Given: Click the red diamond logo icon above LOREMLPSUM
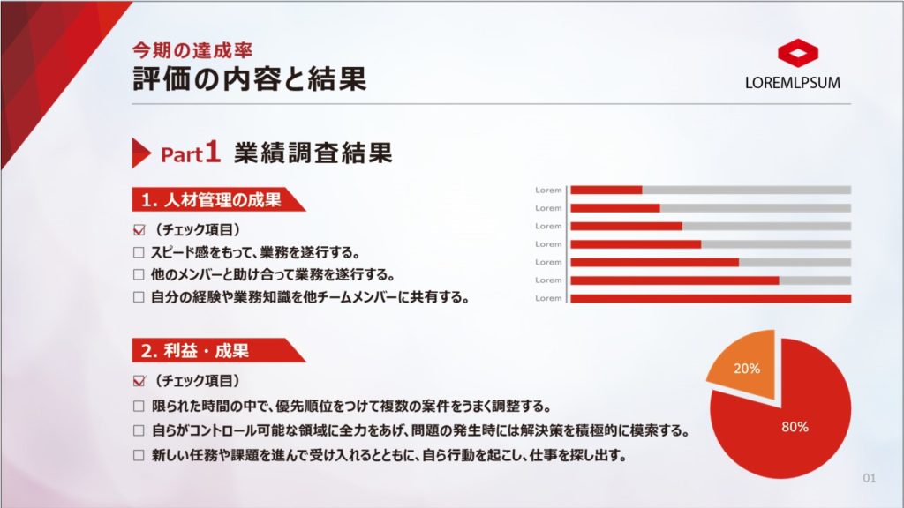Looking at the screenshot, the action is click(798, 52).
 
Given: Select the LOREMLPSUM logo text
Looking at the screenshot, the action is click(792, 83).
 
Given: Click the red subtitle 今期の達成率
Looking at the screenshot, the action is click(192, 50).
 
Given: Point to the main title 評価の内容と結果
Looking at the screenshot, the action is click(249, 78).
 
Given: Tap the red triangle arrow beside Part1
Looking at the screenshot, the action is click(141, 153).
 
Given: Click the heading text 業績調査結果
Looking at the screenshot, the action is click(313, 153).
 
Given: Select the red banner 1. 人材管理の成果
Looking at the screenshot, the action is click(219, 200).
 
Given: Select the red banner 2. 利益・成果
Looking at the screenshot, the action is click(219, 350).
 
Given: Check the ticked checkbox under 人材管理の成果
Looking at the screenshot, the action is click(139, 230).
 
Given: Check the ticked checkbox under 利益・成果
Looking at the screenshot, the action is click(139, 381).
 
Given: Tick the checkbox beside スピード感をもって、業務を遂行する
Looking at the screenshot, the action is click(139, 252).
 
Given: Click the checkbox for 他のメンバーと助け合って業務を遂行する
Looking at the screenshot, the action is click(139, 275).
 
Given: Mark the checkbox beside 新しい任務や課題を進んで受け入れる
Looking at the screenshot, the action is click(139, 455).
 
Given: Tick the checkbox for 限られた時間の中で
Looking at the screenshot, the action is click(139, 406).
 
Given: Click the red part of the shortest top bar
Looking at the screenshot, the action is click(606, 190).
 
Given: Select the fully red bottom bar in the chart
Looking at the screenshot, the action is click(711, 298).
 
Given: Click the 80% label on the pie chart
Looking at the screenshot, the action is click(795, 427).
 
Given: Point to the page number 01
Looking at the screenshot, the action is click(870, 478).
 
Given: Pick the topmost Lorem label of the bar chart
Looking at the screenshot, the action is click(548, 190).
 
